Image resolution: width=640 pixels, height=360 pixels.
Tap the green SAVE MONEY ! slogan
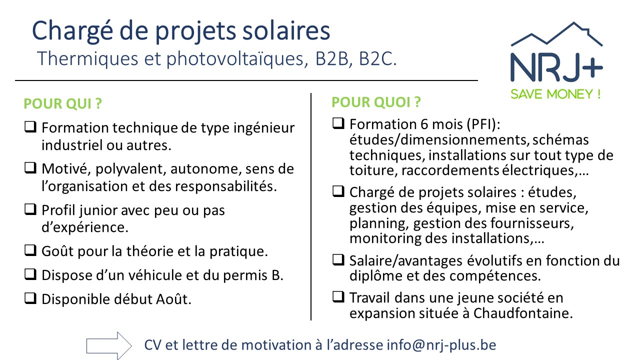tap(555, 94)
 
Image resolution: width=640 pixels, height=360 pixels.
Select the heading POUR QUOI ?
tap(376, 102)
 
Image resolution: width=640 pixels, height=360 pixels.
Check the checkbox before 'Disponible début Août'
tap(30, 298)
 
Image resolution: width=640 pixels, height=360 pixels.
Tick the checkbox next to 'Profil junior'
tap(30, 209)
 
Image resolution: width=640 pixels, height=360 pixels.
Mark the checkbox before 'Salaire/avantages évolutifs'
tap(338, 259)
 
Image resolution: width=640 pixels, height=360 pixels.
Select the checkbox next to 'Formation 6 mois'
tap(338, 122)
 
